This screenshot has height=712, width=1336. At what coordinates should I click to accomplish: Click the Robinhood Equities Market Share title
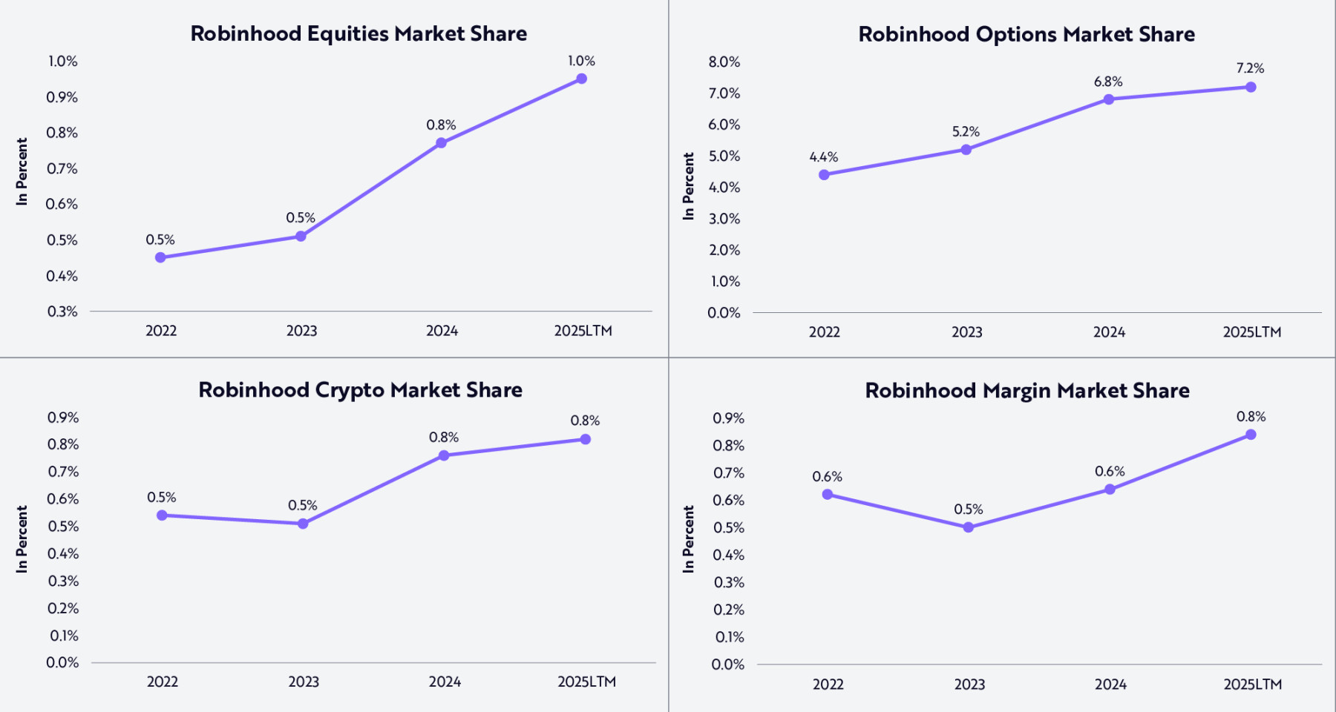358,33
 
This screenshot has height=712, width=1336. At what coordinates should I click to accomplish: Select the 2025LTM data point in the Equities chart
581,79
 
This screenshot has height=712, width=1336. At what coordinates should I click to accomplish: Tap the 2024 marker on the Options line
1108,99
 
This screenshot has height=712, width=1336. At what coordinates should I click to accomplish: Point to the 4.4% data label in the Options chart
823,156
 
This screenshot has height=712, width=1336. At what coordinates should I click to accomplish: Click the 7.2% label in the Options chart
1250,68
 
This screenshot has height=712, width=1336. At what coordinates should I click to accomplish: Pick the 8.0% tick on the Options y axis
724,62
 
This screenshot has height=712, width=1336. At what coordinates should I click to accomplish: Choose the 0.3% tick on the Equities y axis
62,311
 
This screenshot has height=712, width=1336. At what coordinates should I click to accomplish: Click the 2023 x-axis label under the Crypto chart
303,682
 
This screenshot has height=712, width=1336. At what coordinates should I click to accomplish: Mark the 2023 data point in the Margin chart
968,527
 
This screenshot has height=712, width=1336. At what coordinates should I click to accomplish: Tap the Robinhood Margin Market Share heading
1026,391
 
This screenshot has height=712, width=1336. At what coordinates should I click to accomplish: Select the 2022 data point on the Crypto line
162,515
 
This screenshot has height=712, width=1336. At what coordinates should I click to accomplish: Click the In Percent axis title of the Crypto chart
22,539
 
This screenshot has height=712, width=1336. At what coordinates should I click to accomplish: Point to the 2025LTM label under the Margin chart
1252,685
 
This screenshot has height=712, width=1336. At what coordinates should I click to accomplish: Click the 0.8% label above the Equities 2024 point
441,125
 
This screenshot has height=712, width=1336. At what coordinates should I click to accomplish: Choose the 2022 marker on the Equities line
160,257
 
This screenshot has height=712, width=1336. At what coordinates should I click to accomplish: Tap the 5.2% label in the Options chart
966,132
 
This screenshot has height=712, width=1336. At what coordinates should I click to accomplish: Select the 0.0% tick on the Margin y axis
727,665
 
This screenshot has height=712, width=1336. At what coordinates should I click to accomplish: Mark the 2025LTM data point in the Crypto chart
585,439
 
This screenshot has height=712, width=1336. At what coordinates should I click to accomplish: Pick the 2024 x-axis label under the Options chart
1109,332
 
